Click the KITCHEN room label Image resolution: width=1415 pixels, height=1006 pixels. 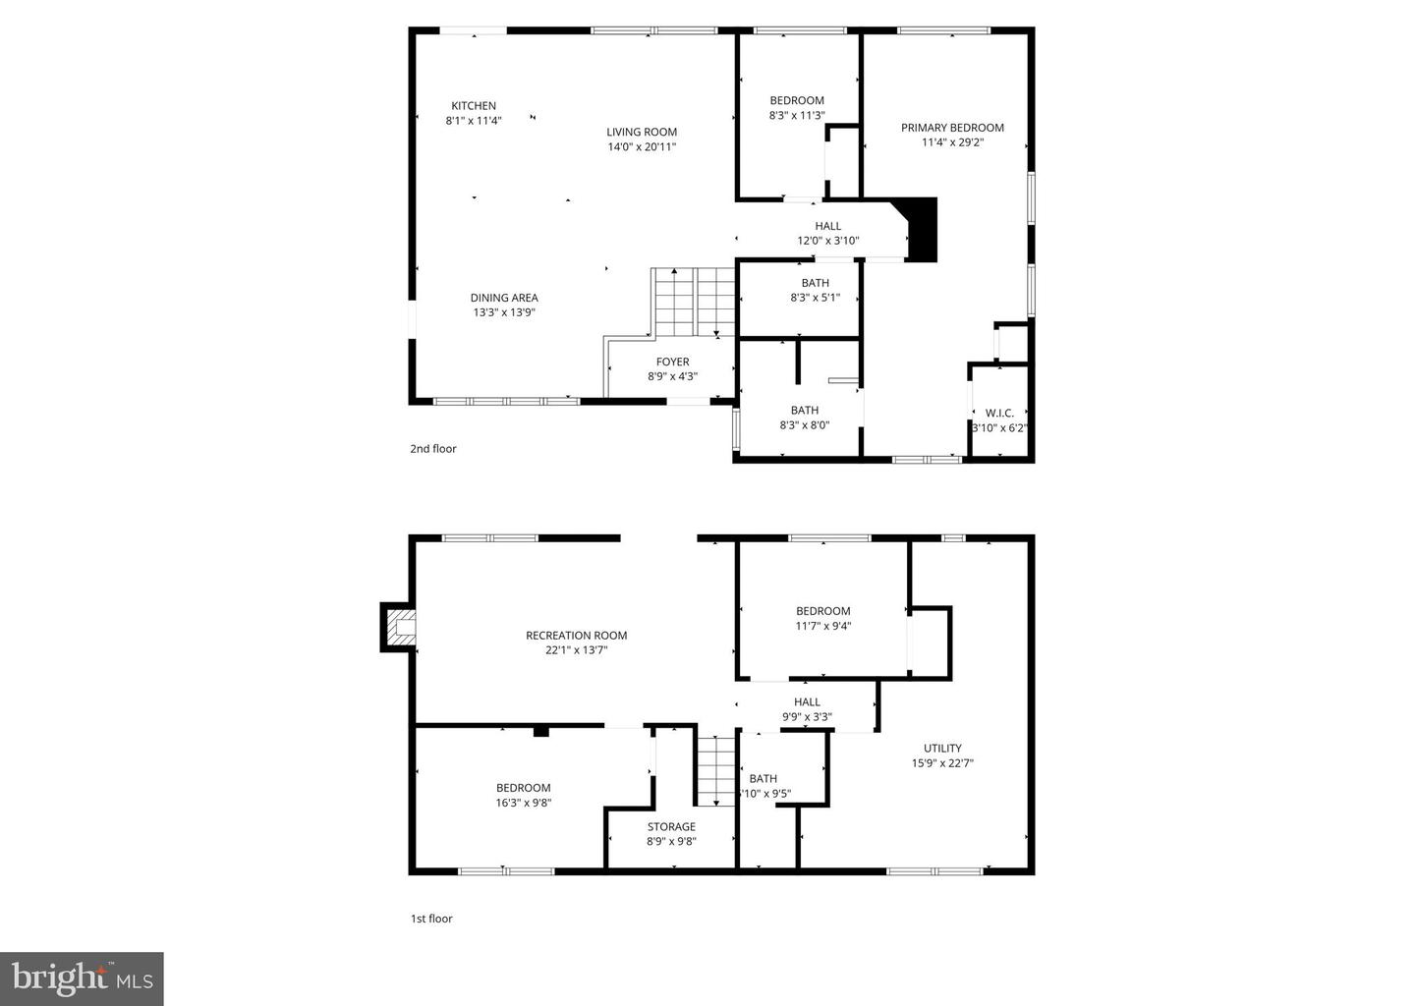474,106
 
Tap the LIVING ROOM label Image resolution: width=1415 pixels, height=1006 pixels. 642,132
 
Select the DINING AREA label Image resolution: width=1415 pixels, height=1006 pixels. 504,298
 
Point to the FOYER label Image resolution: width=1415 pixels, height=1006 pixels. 673,362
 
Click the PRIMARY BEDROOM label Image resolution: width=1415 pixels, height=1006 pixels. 952,128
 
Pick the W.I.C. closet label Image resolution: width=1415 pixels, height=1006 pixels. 999,413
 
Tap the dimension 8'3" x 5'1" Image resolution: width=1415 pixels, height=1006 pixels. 815,298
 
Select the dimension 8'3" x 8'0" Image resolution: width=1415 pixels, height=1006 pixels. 804,425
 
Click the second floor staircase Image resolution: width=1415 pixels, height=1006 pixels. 695,300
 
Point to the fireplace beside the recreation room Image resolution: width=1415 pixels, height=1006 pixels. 399,627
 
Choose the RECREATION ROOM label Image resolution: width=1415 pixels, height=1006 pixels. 576,636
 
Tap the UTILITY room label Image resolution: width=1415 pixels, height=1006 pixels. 942,748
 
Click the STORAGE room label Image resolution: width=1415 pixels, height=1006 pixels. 671,826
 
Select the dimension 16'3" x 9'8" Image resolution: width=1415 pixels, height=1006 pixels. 523,802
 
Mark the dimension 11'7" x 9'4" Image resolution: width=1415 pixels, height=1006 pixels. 822,625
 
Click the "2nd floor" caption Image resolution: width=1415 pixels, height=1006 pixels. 433,449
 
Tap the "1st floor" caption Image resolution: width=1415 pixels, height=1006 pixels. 431,919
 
